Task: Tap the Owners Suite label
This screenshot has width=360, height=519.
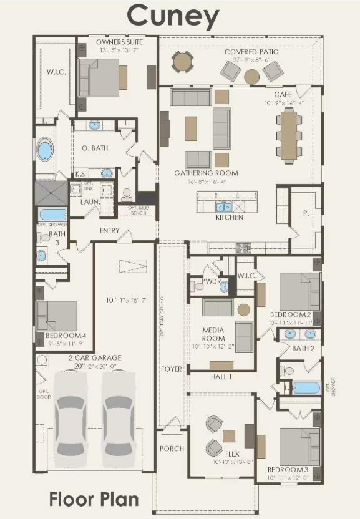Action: [119, 42]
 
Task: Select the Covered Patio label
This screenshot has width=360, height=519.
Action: [251, 51]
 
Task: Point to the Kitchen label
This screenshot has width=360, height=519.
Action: [230, 217]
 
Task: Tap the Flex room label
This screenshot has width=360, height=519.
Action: [232, 454]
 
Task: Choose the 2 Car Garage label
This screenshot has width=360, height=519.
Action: [95, 357]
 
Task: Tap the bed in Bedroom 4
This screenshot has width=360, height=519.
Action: [57, 316]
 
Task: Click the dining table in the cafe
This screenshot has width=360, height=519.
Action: [288, 135]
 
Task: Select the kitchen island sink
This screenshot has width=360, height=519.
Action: [224, 206]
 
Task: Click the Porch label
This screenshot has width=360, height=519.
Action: [172, 448]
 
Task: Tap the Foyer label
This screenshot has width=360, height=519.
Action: [172, 369]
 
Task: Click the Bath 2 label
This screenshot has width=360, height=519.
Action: [303, 347]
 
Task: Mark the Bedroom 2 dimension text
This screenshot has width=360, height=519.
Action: [290, 323]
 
